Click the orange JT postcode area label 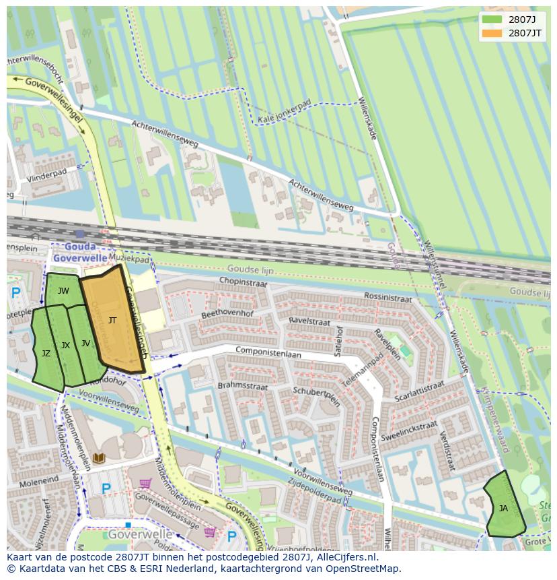point(112,321)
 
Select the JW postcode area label point(63,291)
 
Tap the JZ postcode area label point(46,353)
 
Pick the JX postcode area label point(65,346)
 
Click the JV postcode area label point(85,344)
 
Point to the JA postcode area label point(503,509)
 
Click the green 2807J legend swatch point(492,19)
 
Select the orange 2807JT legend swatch point(492,33)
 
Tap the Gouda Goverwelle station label point(80,252)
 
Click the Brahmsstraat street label point(243,386)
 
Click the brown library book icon point(99,458)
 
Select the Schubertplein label point(317,395)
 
